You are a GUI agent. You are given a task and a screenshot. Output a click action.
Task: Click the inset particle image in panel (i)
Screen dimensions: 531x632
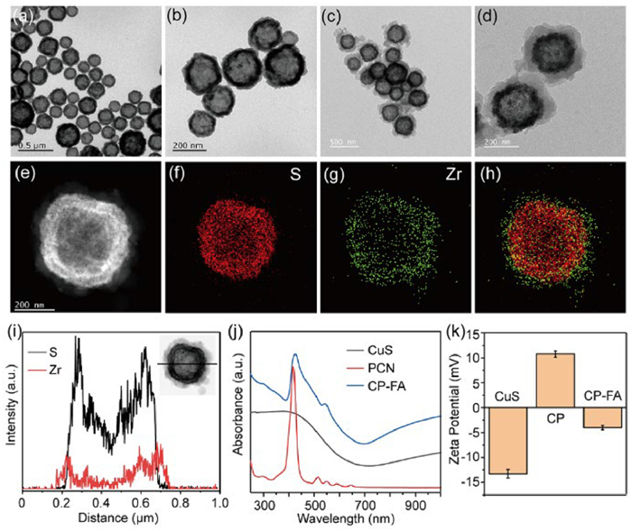[188, 363]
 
